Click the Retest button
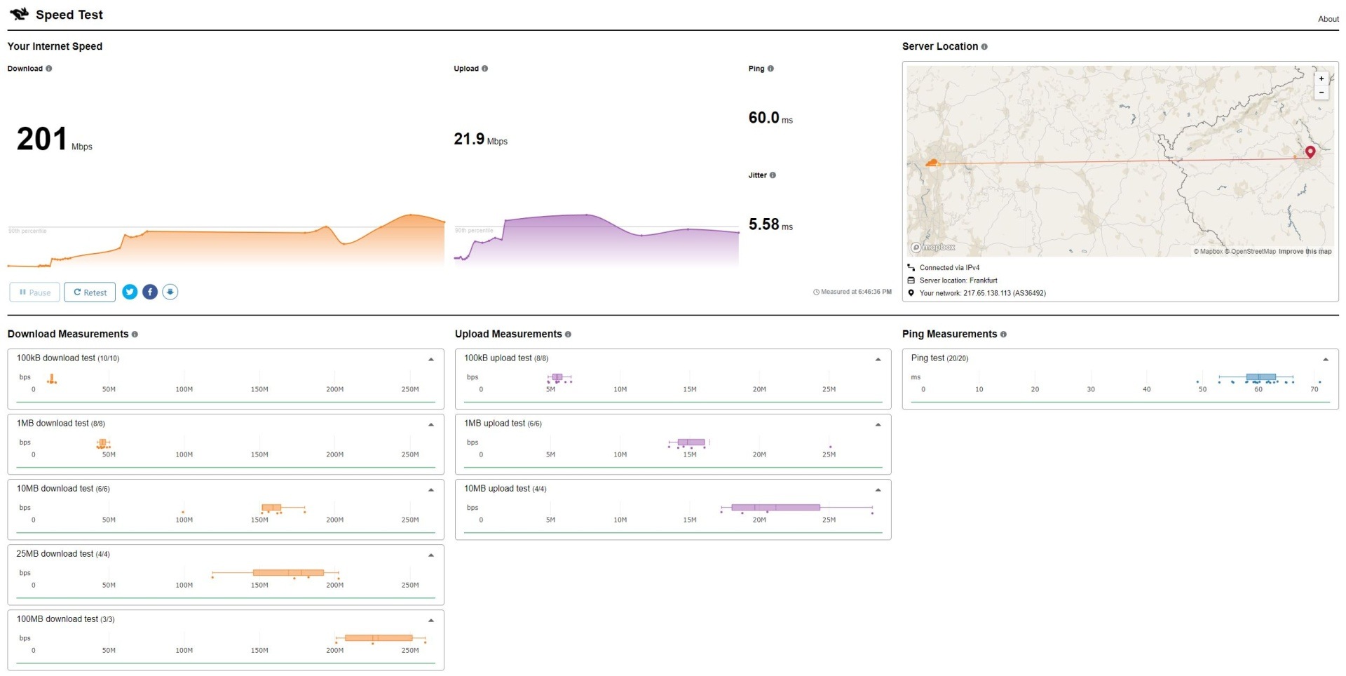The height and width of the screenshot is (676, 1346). pyautogui.click(x=90, y=292)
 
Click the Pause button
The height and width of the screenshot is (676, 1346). pyautogui.click(x=34, y=292)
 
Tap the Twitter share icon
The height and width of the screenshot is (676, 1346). pyautogui.click(x=130, y=292)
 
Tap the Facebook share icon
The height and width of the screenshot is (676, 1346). pyautogui.click(x=150, y=292)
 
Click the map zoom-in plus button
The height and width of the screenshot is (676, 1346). pyautogui.click(x=1321, y=79)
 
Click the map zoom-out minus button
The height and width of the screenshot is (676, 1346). pyautogui.click(x=1321, y=93)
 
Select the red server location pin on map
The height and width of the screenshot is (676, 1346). pyautogui.click(x=1310, y=151)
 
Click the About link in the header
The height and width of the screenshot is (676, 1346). pyautogui.click(x=1328, y=19)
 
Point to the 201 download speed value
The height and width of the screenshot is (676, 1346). pyautogui.click(x=42, y=139)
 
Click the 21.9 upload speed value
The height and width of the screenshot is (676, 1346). pyautogui.click(x=469, y=139)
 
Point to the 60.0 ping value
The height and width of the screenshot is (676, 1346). pyautogui.click(x=763, y=118)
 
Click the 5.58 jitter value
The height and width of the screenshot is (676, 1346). pyautogui.click(x=763, y=224)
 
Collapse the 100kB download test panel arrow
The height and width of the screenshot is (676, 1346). pyautogui.click(x=431, y=359)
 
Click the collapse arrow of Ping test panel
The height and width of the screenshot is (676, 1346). pyautogui.click(x=1326, y=359)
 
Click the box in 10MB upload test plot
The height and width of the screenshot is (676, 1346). pyautogui.click(x=775, y=507)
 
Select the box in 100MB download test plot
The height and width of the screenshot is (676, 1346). pyautogui.click(x=379, y=637)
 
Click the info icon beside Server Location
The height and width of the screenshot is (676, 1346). pyautogui.click(x=984, y=47)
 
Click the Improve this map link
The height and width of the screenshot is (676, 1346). pyautogui.click(x=1305, y=251)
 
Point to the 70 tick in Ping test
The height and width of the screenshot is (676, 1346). pyautogui.click(x=1314, y=389)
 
